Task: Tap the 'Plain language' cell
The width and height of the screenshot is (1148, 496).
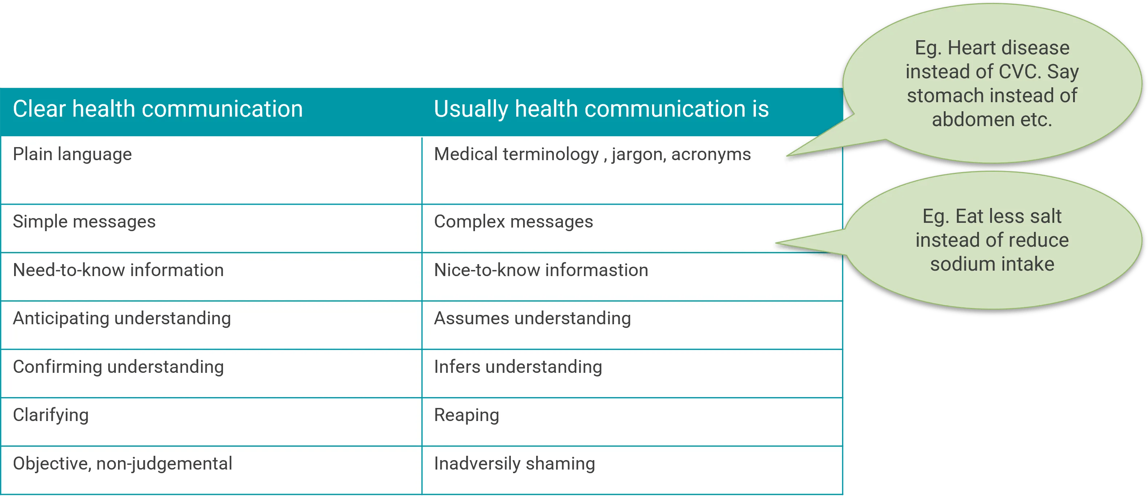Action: point(72,154)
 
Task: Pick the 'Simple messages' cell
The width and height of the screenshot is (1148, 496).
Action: point(84,222)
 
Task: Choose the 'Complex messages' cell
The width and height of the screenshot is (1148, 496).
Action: point(513,222)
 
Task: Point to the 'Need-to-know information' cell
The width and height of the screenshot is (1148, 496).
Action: point(118,270)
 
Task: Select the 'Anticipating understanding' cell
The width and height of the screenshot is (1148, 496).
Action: point(122,318)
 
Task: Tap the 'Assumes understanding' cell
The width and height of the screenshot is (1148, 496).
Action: point(532,318)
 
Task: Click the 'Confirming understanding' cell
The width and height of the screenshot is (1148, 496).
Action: point(118,367)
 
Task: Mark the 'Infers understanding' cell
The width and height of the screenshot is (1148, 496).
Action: point(518,367)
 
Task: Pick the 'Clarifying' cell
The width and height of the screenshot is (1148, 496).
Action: point(51,415)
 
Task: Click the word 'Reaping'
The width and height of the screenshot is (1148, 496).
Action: point(466,415)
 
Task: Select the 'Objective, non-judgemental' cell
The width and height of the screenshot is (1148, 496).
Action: point(123,464)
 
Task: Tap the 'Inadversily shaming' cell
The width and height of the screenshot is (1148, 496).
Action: point(514,464)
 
